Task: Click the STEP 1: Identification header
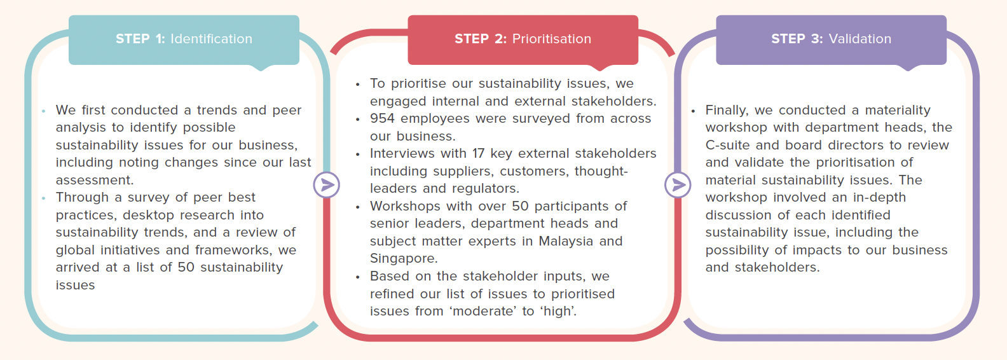[184, 39]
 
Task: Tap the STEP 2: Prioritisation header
[523, 39]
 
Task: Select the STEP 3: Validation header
[831, 39]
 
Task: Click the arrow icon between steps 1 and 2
[327, 185]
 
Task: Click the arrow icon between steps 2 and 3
[678, 185]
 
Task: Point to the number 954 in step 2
[383, 119]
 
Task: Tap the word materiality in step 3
[898, 111]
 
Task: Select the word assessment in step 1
[94, 181]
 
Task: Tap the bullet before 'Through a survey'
[43, 198]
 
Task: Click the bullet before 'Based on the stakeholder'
[358, 277]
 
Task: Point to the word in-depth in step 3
[878, 198]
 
